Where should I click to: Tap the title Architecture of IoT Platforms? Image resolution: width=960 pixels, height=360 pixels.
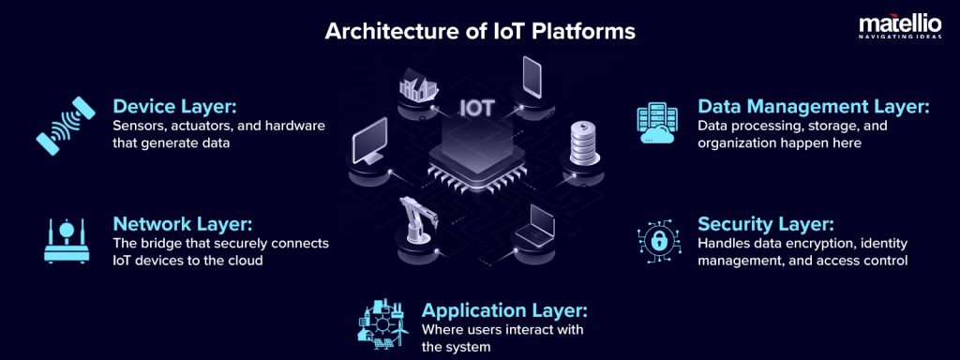(x=479, y=31)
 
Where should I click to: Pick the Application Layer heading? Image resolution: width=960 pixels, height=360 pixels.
(x=504, y=309)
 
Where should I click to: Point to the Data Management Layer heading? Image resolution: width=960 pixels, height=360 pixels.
(x=813, y=107)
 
